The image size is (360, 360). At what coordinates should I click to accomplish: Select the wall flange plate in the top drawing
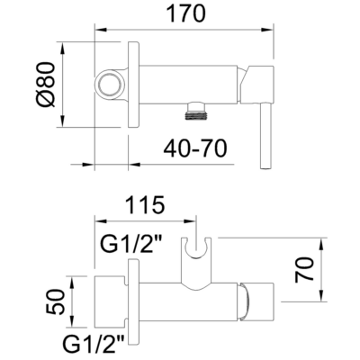click(132, 85)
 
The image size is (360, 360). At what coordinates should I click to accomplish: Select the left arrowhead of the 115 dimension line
click(100, 220)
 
